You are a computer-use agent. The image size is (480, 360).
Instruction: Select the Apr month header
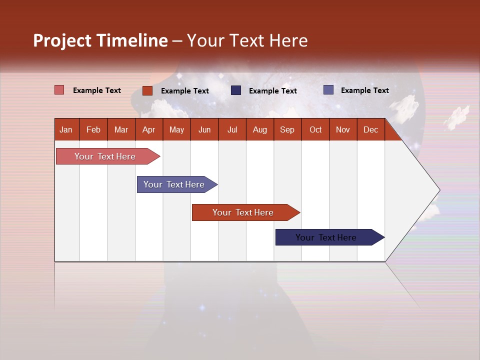[x=149, y=129]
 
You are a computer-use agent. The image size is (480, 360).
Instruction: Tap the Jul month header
[x=232, y=129]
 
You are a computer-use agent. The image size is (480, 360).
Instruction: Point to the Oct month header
[x=315, y=129]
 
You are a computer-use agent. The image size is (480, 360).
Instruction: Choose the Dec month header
[x=371, y=129]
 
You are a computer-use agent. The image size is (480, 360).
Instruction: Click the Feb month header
[x=93, y=129]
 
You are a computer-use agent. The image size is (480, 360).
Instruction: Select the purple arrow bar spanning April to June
[x=177, y=184]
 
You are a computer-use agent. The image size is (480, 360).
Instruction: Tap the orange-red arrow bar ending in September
[x=246, y=212]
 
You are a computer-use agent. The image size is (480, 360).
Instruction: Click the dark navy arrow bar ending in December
[x=330, y=237]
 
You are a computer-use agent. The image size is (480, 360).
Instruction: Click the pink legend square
[x=59, y=90]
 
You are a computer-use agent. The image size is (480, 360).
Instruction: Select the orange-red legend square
[x=147, y=90]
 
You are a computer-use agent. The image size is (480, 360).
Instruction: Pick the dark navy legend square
[x=235, y=90]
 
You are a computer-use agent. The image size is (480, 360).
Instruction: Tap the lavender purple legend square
[x=328, y=90]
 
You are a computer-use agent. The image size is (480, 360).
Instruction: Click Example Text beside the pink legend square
[x=97, y=90]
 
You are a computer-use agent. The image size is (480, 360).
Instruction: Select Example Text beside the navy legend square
[x=273, y=91]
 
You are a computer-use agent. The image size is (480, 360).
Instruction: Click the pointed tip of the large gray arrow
[x=440, y=190]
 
